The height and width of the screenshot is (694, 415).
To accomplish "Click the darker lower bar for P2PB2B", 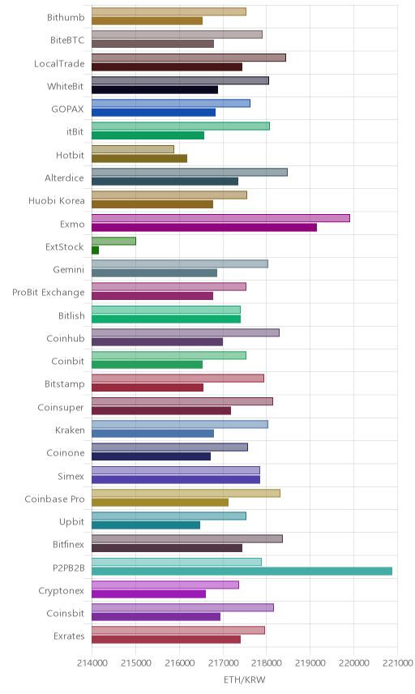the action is pyautogui.click(x=242, y=571).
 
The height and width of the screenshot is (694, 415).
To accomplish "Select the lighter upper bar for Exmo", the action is pyautogui.click(x=220, y=218).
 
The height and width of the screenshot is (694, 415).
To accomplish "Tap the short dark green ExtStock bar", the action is pyautogui.click(x=95, y=250).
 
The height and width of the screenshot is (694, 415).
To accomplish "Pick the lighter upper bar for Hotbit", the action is pyautogui.click(x=133, y=149).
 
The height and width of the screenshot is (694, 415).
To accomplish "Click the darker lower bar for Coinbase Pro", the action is pyautogui.click(x=160, y=503).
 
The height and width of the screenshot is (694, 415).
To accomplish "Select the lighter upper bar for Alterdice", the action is pyautogui.click(x=190, y=172).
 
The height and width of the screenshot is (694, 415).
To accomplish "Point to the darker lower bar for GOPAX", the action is pyautogui.click(x=153, y=113).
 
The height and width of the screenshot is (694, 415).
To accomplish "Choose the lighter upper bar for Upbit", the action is pyautogui.click(x=169, y=516).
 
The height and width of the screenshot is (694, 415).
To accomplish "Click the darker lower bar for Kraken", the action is pyautogui.click(x=152, y=433).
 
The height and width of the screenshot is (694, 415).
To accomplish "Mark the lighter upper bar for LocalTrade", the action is pyautogui.click(x=189, y=58).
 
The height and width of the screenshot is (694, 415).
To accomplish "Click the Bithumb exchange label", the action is pyautogui.click(x=66, y=17).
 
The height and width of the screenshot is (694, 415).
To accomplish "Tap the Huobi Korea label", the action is pyautogui.click(x=56, y=200).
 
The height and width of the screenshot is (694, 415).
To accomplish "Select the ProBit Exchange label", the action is pyautogui.click(x=48, y=293).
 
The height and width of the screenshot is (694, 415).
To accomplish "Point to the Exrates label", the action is pyautogui.click(x=69, y=636).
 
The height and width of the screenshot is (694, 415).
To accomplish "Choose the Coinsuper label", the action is pyautogui.click(x=61, y=407).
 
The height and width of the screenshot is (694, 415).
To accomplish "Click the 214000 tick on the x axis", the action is pyautogui.click(x=92, y=663).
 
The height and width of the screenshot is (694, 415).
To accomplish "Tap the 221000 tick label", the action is pyautogui.click(x=397, y=663).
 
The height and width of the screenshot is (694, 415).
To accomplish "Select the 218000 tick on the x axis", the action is pyautogui.click(x=267, y=663).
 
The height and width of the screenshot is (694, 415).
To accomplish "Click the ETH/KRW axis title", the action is pyautogui.click(x=244, y=679).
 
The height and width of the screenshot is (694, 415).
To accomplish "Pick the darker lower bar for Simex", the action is pyautogui.click(x=176, y=479).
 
